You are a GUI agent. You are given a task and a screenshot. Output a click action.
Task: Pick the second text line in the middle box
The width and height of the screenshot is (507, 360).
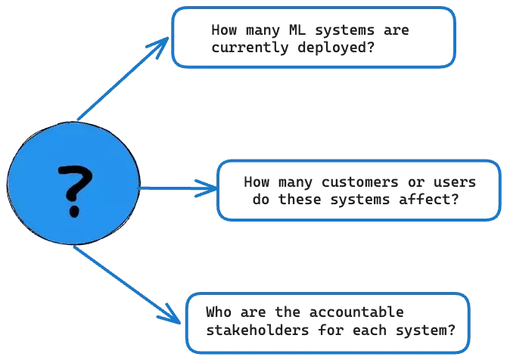click(353, 200)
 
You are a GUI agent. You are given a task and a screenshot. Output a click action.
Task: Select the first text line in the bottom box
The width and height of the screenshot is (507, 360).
click(306, 313)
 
